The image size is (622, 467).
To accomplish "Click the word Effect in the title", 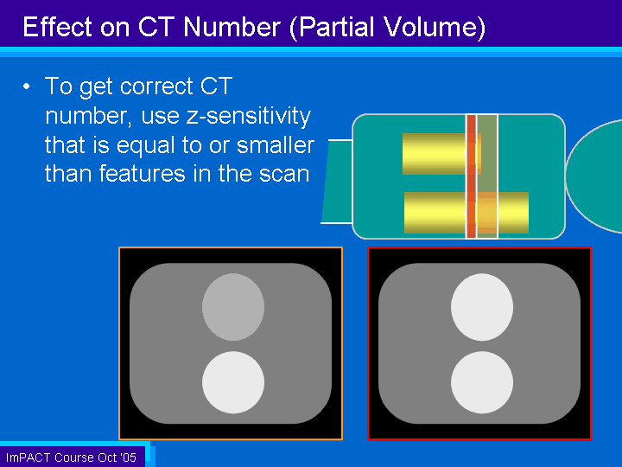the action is tap(58, 27).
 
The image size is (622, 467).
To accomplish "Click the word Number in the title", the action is tap(232, 27).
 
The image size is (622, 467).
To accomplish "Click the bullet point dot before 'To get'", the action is tap(27, 86).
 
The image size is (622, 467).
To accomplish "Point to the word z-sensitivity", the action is tap(249, 116).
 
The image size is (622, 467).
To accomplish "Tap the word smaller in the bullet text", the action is tap(276, 145).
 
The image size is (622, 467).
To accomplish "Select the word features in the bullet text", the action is tap(142, 174).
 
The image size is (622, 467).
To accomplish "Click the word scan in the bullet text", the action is tap(284, 175).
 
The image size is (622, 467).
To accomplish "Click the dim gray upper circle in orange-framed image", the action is tap(233, 307).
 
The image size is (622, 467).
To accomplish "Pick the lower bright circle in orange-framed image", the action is tap(233, 382).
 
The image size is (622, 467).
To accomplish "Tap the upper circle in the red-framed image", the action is tap(482, 307).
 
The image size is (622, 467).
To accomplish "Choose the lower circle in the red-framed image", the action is tap(482, 382).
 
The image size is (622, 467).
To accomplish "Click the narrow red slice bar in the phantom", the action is tap(472, 176).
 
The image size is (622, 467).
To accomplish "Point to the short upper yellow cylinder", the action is tap(441, 154).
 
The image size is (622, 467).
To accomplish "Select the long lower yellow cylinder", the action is tap(466, 213).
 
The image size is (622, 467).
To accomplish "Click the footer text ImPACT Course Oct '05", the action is tap(71, 457).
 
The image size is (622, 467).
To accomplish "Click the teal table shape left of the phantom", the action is tap(337, 182).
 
